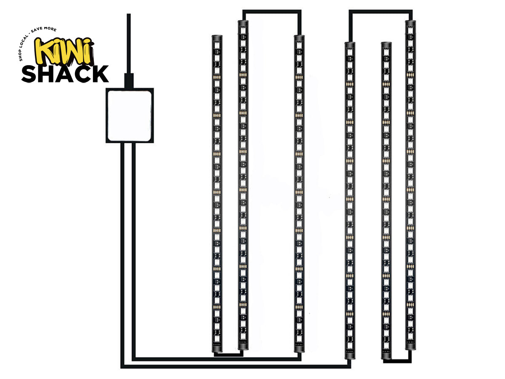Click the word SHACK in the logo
pos(65,74)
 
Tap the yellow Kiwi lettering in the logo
pos(64,51)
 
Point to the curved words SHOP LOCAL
pos(24,48)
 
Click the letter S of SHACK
pos(29,74)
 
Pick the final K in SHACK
pos(100,74)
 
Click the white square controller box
pos(130,115)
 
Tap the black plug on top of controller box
pos(129,81)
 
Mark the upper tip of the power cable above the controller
pos(129,14)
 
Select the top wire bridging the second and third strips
pos(272,11)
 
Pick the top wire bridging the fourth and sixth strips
pos(380,11)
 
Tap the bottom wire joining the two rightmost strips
pos(397,361)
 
